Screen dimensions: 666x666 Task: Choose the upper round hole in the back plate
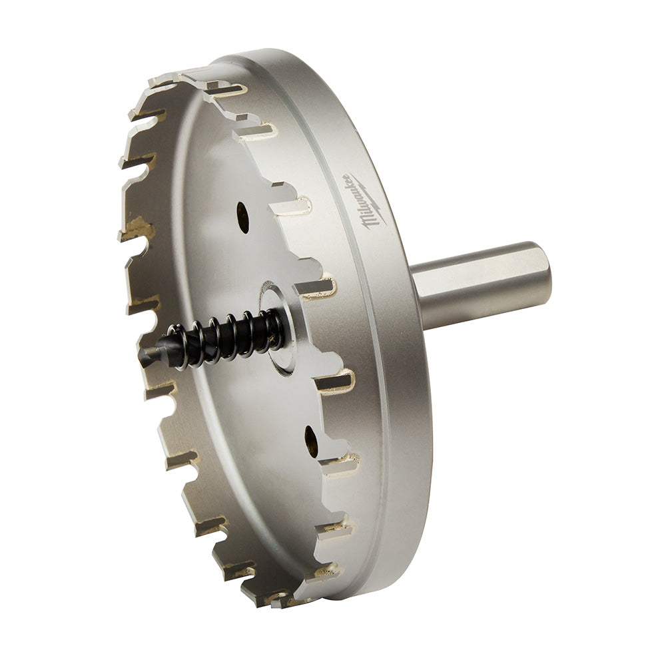242,218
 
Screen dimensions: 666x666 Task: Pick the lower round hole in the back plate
311,440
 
